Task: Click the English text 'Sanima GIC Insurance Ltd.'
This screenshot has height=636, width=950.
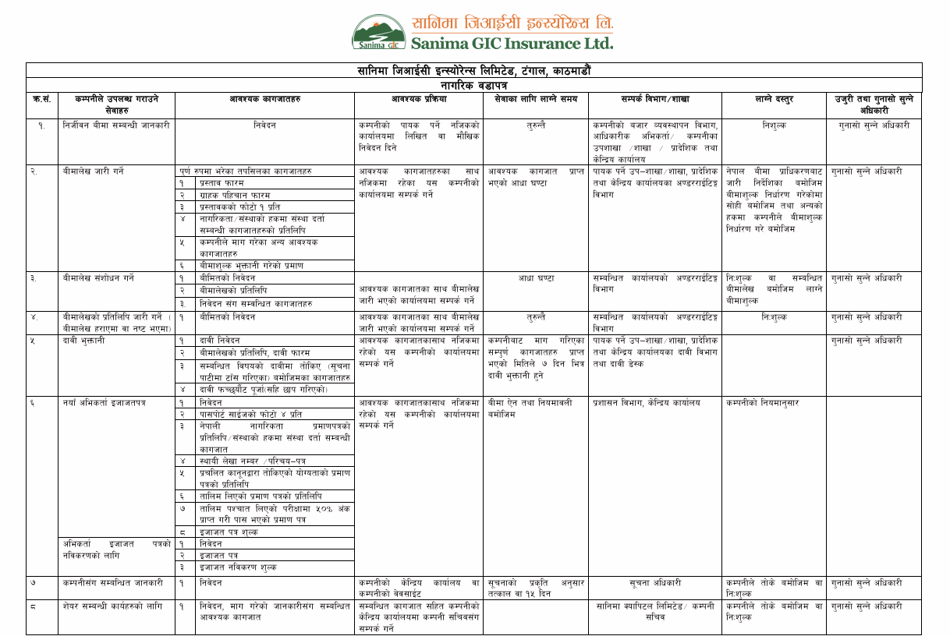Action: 512,42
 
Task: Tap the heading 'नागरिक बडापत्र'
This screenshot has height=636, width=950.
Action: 473,84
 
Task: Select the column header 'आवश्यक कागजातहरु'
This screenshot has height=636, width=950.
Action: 265,99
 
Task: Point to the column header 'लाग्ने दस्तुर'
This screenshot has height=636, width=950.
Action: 774,99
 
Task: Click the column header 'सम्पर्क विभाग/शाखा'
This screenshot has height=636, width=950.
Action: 655,99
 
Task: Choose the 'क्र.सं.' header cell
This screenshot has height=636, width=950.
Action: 42,99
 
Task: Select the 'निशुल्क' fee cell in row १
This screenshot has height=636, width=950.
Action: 774,125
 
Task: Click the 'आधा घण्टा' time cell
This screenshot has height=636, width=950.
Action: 536,278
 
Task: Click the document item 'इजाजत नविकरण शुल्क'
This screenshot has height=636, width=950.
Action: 238,567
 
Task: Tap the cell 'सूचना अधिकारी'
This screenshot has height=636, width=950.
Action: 655,582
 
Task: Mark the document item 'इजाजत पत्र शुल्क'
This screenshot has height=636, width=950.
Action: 229,532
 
